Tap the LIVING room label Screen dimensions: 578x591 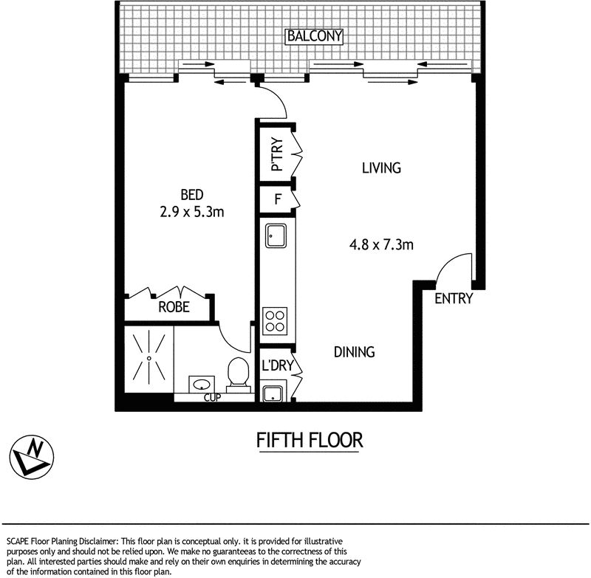[381, 168]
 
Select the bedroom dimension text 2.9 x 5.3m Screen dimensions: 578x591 [192, 212]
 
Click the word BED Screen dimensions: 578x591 [192, 195]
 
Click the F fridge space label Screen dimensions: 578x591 [278, 199]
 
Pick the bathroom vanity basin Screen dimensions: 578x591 [200, 385]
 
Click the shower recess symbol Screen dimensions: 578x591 [148, 358]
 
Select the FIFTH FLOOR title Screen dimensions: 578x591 [310, 441]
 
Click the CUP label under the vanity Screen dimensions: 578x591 [212, 399]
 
